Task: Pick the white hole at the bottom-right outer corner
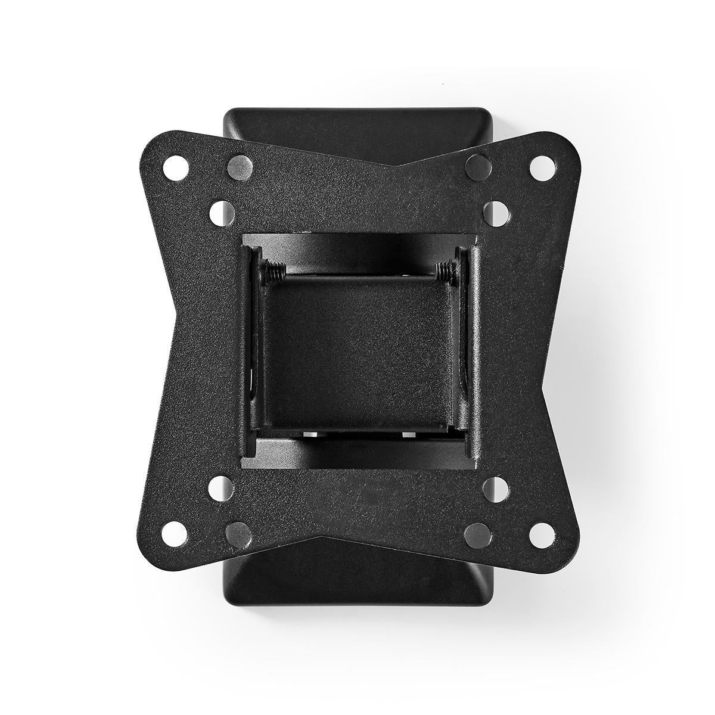(x=542, y=530)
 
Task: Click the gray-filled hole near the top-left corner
(x=239, y=167)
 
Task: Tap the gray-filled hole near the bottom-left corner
(x=238, y=531)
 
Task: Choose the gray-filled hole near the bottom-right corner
(x=477, y=531)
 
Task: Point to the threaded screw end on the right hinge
(x=444, y=272)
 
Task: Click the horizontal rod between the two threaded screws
(x=357, y=275)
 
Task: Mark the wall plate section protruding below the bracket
(x=357, y=572)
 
